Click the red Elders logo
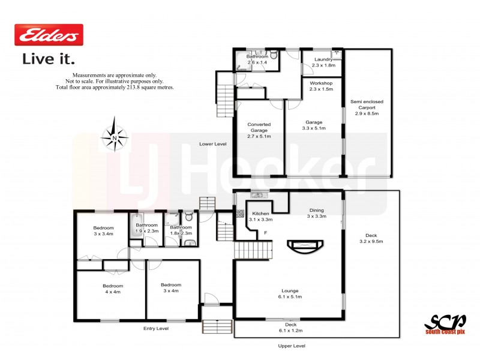click(x=49, y=36)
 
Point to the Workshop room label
click(x=321, y=85)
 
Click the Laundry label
click(x=322, y=60)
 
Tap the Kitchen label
click(x=260, y=217)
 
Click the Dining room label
click(x=316, y=213)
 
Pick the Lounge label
click(x=290, y=293)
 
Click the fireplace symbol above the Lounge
click(x=305, y=246)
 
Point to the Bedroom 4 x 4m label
click(x=112, y=289)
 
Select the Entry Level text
click(x=155, y=329)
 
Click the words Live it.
click(x=49, y=59)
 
